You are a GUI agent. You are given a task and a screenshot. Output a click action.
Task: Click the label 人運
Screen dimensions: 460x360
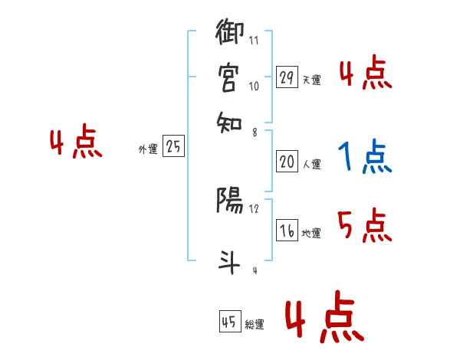(x=312, y=164)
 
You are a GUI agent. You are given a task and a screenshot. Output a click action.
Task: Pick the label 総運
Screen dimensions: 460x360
(x=255, y=325)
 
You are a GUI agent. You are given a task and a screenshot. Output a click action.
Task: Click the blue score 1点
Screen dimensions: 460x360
(x=365, y=157)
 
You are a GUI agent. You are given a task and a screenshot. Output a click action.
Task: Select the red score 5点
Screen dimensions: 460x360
(x=365, y=226)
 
